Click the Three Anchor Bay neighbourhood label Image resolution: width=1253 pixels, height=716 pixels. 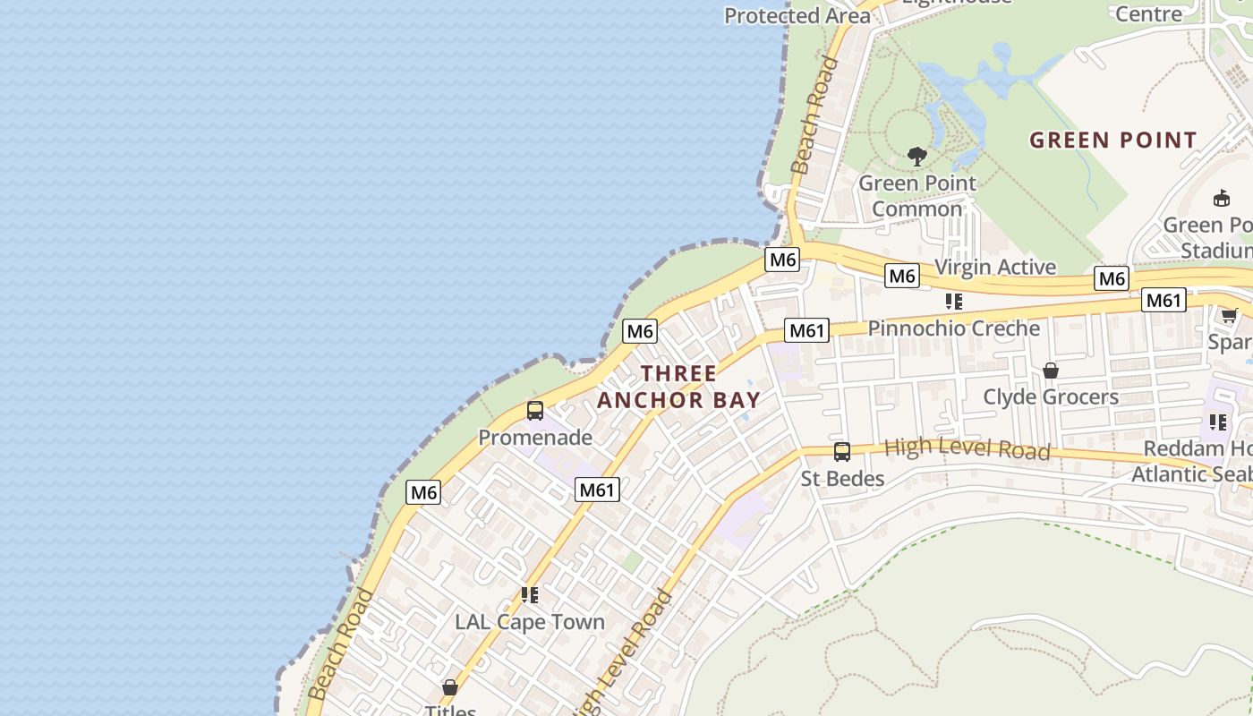[678, 387]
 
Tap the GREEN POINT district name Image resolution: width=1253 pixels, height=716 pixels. [1112, 141]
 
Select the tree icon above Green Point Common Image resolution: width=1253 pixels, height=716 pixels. [916, 157]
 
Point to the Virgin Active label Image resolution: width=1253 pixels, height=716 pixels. [995, 267]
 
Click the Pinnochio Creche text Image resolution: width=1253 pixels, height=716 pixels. [954, 328]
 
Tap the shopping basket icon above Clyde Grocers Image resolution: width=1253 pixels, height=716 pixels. [1051, 371]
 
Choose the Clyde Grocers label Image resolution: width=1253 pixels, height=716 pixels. [1051, 396]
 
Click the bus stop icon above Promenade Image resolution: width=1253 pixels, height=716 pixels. [535, 411]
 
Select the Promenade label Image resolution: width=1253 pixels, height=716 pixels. [535, 437]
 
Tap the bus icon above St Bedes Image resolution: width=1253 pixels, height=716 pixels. [841, 452]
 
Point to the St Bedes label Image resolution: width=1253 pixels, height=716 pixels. [842, 479]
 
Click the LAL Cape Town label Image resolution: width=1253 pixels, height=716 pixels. [530, 622]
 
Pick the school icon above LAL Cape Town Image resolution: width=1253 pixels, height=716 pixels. [530, 595]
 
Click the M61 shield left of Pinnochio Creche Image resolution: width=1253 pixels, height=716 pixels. [805, 330]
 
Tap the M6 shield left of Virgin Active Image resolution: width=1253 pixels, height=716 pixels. [902, 276]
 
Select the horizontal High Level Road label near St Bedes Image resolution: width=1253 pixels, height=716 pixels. [967, 448]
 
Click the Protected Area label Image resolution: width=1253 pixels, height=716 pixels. [797, 16]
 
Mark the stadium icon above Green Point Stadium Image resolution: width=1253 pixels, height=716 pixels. [1221, 198]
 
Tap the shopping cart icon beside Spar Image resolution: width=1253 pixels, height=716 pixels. [1229, 315]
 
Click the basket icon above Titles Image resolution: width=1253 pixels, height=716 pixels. [450, 687]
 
